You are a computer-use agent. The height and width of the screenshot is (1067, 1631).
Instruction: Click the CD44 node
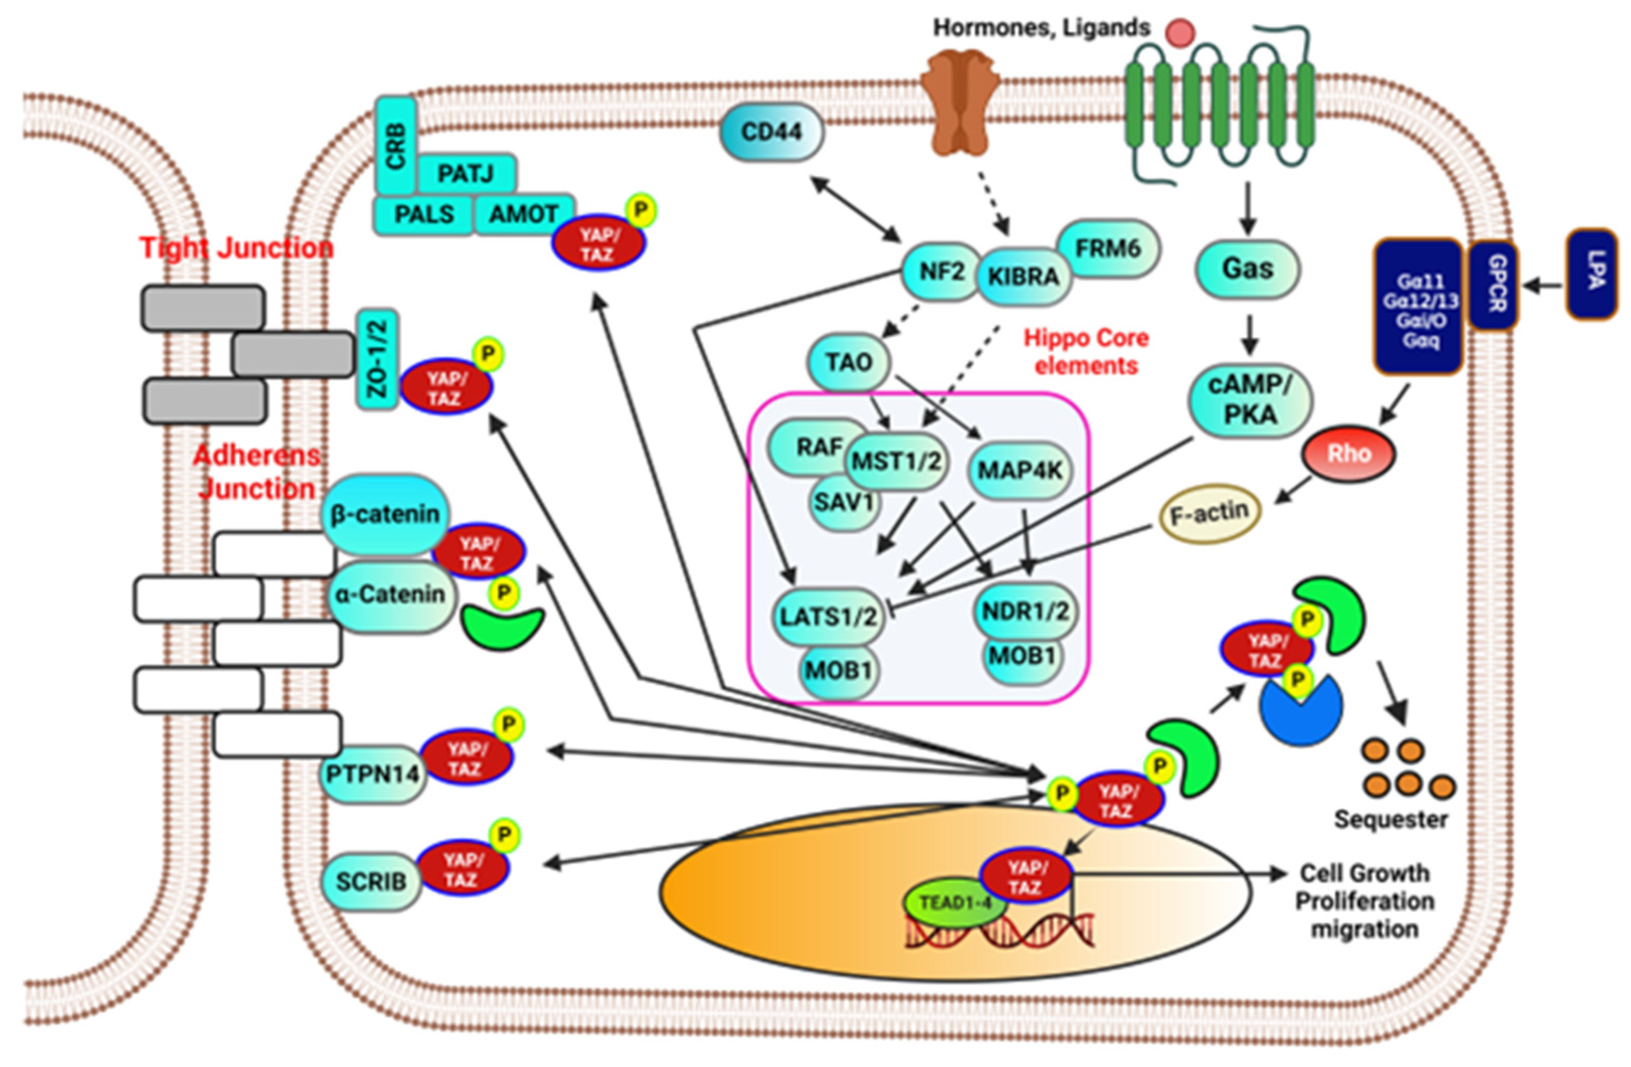tap(771, 132)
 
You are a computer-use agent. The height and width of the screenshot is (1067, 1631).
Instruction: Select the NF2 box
tap(941, 272)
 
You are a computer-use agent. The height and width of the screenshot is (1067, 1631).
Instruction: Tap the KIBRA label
tap(1023, 277)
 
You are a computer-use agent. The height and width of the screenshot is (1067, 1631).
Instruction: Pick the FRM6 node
tap(1107, 248)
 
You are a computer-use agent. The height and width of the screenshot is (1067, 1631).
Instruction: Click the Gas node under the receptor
tap(1247, 269)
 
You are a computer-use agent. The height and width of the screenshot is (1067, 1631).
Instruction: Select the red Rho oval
tap(1348, 454)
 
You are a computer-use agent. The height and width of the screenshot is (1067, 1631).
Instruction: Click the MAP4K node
tap(1020, 470)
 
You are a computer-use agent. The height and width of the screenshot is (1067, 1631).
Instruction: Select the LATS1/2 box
tap(828, 617)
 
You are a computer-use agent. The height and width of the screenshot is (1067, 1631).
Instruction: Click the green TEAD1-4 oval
tap(955, 902)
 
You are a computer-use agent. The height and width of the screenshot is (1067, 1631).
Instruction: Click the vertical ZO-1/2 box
tap(377, 359)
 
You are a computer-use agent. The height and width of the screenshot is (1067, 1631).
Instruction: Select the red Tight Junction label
tap(236, 248)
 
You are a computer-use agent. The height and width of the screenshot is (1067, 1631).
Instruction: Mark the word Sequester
tap(1391, 819)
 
